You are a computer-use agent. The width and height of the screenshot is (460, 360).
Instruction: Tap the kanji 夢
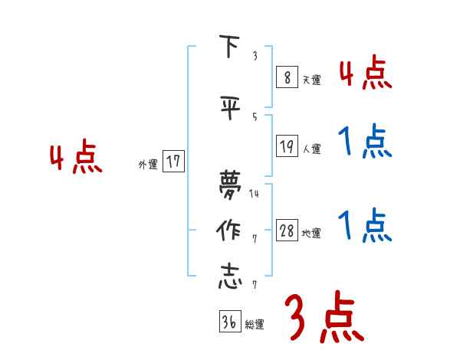point(229,185)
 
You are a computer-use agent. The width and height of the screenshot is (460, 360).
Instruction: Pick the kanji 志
point(229,277)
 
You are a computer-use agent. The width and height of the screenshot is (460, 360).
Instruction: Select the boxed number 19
point(287,146)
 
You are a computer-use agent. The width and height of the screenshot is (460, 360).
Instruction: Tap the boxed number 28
point(287,231)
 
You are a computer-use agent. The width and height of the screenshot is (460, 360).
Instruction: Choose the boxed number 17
point(173,162)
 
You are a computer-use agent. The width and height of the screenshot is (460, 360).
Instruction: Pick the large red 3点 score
point(324,319)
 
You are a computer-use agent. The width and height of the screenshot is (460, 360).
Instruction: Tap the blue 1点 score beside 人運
point(365,142)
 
